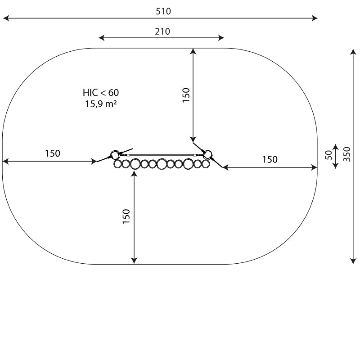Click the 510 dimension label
[x=163, y=11]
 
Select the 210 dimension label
[x=162, y=31]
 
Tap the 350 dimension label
[x=347, y=154]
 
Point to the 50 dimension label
[x=328, y=155]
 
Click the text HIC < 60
[x=101, y=93]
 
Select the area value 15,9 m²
[x=101, y=104]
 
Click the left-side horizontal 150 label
[x=53, y=153]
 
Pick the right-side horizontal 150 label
[x=270, y=159]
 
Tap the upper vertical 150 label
[x=186, y=95]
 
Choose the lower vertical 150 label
[x=126, y=216]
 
